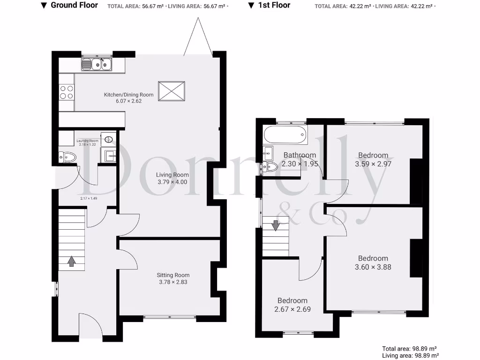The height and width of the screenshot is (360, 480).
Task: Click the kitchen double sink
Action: tap(97, 65)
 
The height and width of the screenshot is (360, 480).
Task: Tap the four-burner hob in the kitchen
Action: tap(67, 92)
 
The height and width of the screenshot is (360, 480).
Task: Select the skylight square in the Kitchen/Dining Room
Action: tap(172, 91)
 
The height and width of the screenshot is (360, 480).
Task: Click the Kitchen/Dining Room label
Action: tap(128, 95)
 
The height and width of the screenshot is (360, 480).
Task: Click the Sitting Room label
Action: tap(173, 275)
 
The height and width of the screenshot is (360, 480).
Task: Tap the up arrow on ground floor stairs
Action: tap(71, 261)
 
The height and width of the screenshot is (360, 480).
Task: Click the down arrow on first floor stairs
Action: tap(276, 225)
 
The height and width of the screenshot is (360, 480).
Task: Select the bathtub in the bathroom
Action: tap(285, 135)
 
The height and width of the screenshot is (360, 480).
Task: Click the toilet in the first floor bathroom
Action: tap(270, 166)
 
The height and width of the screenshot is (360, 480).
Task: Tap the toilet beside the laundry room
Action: tap(67, 157)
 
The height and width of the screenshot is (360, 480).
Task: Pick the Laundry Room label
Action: tap(88, 141)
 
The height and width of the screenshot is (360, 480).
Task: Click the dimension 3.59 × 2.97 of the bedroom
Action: tap(373, 164)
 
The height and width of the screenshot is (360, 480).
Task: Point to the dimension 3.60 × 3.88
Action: tap(373, 267)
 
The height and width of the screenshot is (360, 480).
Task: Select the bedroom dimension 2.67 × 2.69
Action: tap(292, 309)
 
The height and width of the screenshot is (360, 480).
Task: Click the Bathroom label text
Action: tap(300, 155)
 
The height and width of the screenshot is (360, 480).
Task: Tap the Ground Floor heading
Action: tap(74, 5)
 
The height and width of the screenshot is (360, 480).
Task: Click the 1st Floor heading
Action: tap(274, 5)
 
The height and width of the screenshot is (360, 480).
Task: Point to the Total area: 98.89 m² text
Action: tap(409, 349)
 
